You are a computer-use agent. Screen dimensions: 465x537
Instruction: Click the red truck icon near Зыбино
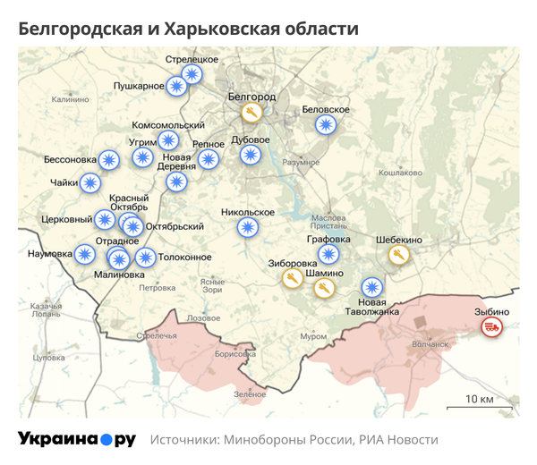(491, 327)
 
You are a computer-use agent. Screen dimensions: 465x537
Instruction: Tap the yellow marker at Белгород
(252, 113)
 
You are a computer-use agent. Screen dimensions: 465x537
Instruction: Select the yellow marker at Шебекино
(399, 256)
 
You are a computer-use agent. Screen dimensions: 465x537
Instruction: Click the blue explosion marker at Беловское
(327, 125)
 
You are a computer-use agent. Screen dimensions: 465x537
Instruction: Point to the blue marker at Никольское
(247, 227)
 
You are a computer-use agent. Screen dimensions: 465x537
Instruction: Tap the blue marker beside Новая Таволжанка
(371, 287)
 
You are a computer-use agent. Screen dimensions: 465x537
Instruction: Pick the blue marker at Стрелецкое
(192, 74)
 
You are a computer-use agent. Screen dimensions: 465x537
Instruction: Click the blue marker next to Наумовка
(85, 254)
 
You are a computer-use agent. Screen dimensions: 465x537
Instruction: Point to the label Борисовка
(235, 354)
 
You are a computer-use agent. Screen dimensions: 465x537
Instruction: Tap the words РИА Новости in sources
(398, 440)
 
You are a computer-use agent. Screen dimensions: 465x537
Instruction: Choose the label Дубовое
(251, 139)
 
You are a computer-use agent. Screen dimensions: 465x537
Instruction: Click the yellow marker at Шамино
(326, 287)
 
